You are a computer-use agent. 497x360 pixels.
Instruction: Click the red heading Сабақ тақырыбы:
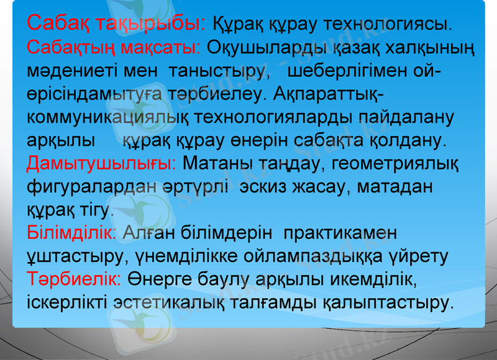click(x=116, y=24)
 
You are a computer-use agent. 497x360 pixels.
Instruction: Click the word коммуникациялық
click(x=109, y=117)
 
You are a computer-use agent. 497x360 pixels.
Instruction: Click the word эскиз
click(x=268, y=187)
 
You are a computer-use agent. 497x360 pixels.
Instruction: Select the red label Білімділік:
click(x=72, y=233)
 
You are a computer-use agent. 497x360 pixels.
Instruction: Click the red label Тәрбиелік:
click(x=75, y=279)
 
